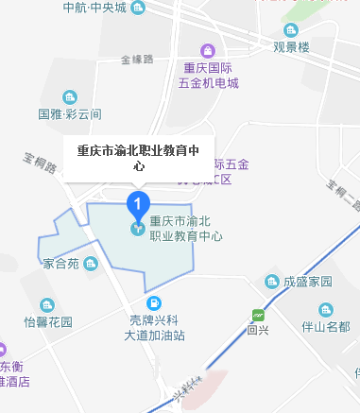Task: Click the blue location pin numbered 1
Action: (x=139, y=201)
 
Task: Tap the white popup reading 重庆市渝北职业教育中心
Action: (x=137, y=155)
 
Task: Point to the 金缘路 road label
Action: (x=138, y=60)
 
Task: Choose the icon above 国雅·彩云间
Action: (x=69, y=97)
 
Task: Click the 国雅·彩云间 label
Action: (x=69, y=114)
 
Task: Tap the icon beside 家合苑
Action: (x=90, y=263)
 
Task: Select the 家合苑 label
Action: (x=61, y=264)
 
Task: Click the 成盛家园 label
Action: (x=307, y=282)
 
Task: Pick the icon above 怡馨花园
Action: (x=47, y=304)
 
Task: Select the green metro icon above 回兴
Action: (x=257, y=316)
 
